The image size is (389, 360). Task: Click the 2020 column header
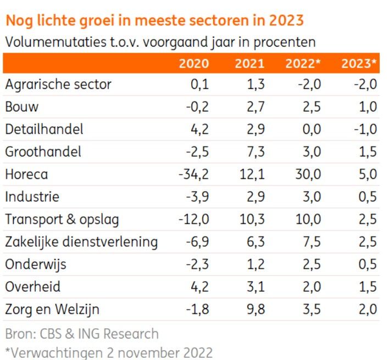194,64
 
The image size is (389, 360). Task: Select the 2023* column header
359,64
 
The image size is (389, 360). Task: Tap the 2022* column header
303,64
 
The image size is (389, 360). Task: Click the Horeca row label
26,175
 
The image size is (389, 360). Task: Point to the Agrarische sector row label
58,85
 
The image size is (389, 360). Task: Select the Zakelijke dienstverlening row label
81,242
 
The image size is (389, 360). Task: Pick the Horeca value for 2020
194,175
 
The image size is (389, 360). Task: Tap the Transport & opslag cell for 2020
194,220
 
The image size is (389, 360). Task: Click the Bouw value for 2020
197,107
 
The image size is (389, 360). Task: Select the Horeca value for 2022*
307,175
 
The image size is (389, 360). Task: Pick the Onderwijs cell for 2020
197,265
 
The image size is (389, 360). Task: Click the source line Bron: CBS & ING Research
82,334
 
